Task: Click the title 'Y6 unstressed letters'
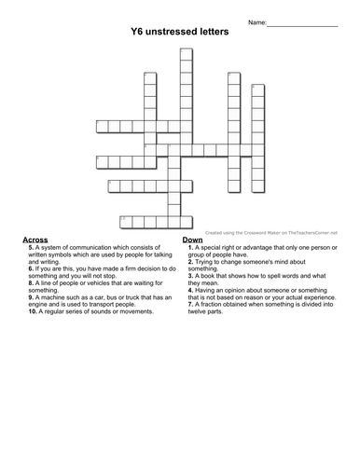pos(180,31)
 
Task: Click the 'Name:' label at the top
pos(257,21)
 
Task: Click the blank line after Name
pos(302,21)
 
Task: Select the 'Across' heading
pos(35,240)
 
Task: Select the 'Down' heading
pos(193,240)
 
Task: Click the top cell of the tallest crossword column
pos(186,53)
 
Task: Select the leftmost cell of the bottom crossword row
pos(125,220)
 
